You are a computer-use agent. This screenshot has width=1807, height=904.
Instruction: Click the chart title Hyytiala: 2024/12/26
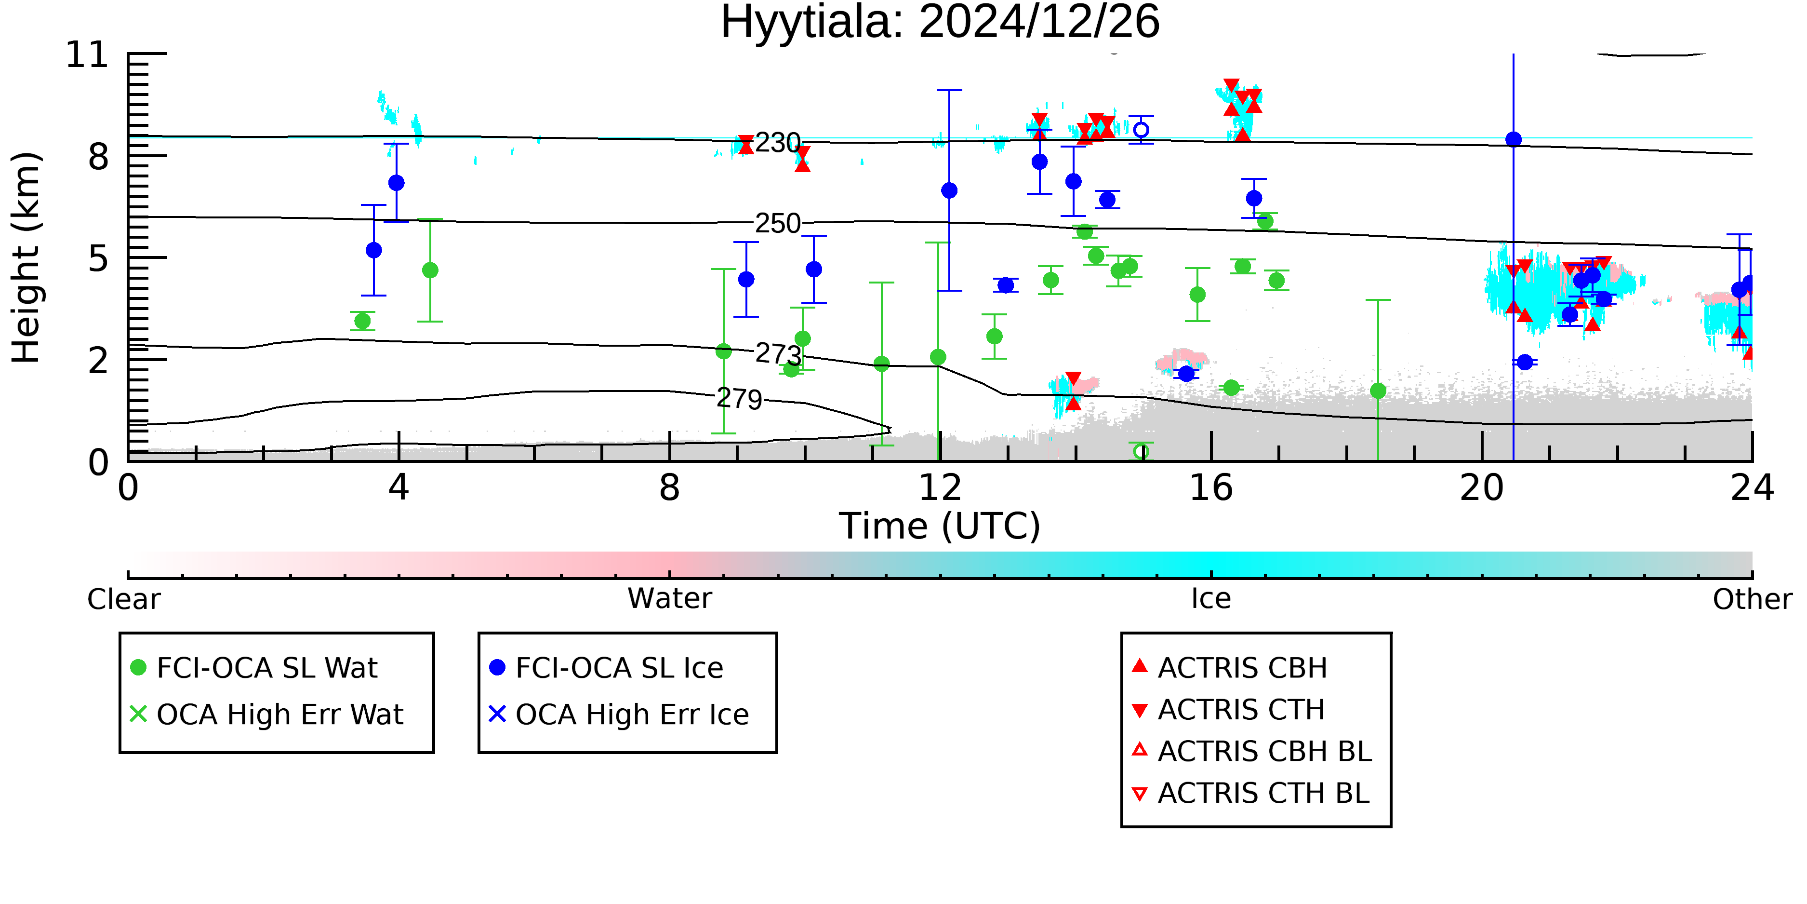(x=940, y=23)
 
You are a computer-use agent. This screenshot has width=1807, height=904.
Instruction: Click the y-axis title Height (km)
(x=27, y=257)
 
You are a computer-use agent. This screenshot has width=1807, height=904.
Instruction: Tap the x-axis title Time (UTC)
(x=940, y=526)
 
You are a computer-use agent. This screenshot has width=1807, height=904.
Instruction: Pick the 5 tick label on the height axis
(x=98, y=258)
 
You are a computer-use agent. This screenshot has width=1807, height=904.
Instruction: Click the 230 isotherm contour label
(x=778, y=143)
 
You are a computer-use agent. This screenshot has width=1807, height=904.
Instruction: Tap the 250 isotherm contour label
(x=778, y=223)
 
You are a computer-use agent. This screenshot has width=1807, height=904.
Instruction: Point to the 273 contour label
(x=778, y=354)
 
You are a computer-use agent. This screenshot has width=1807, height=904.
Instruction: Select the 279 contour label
(x=739, y=399)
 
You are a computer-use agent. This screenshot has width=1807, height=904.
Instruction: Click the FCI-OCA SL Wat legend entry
(x=254, y=667)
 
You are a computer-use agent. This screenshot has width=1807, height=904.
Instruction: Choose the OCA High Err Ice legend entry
(x=619, y=715)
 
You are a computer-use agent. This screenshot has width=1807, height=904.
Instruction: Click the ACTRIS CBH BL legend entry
(x=1252, y=751)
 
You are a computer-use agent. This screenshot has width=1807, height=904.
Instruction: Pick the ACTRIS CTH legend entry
(x=1228, y=710)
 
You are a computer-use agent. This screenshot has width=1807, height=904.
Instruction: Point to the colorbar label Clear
(x=123, y=599)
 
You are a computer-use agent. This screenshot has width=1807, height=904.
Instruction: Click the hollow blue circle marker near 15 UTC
(x=1141, y=130)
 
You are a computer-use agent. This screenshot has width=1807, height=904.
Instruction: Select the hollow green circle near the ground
(x=1141, y=451)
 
